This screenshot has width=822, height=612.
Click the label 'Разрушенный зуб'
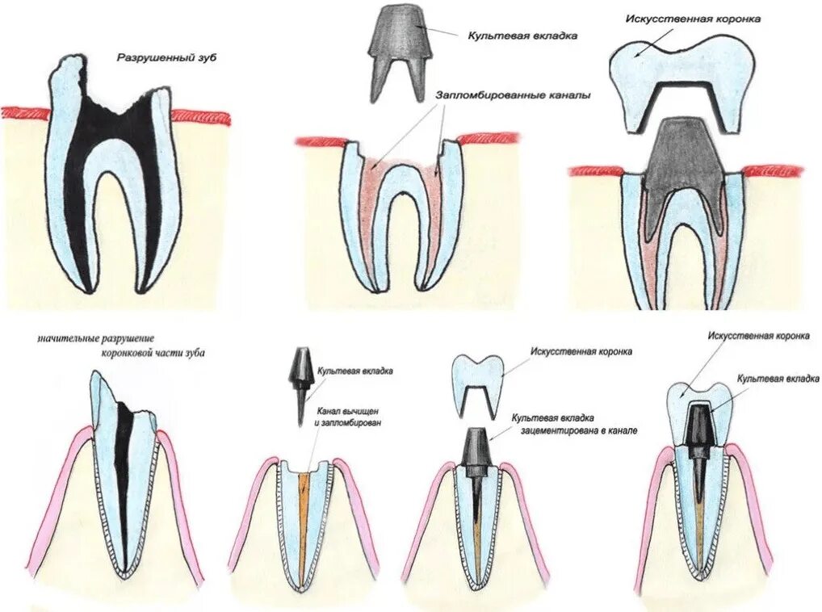click(167, 58)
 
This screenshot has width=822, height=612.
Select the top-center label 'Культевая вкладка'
click(522, 36)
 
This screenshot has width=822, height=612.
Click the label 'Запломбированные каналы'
click(514, 94)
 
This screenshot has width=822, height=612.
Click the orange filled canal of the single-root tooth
click(304, 517)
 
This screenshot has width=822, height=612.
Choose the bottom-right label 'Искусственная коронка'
click(757, 335)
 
